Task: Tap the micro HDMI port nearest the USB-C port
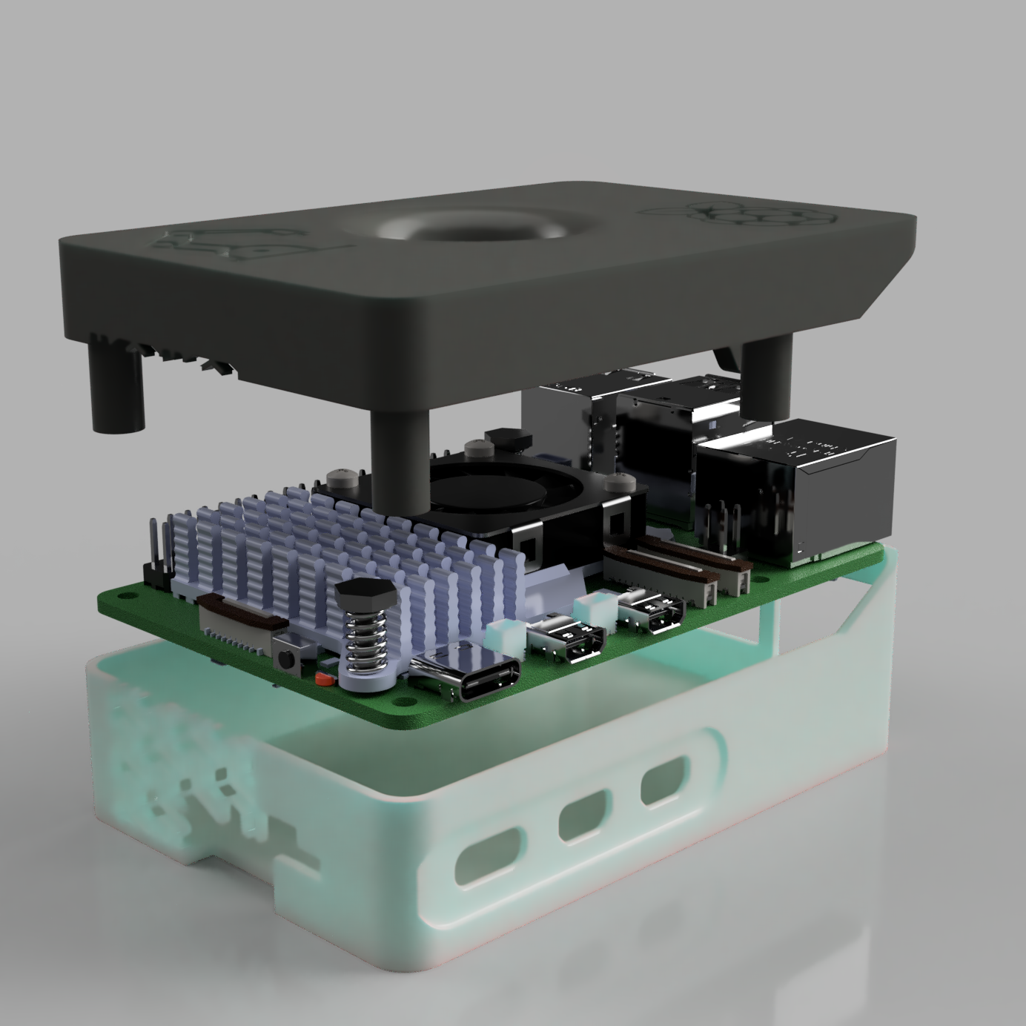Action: [x=566, y=637]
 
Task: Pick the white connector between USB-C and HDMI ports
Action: [x=504, y=637]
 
